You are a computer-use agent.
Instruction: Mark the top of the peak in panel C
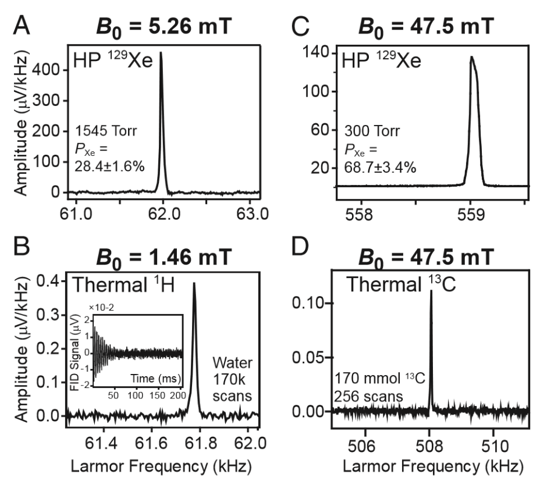coord(471,57)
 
